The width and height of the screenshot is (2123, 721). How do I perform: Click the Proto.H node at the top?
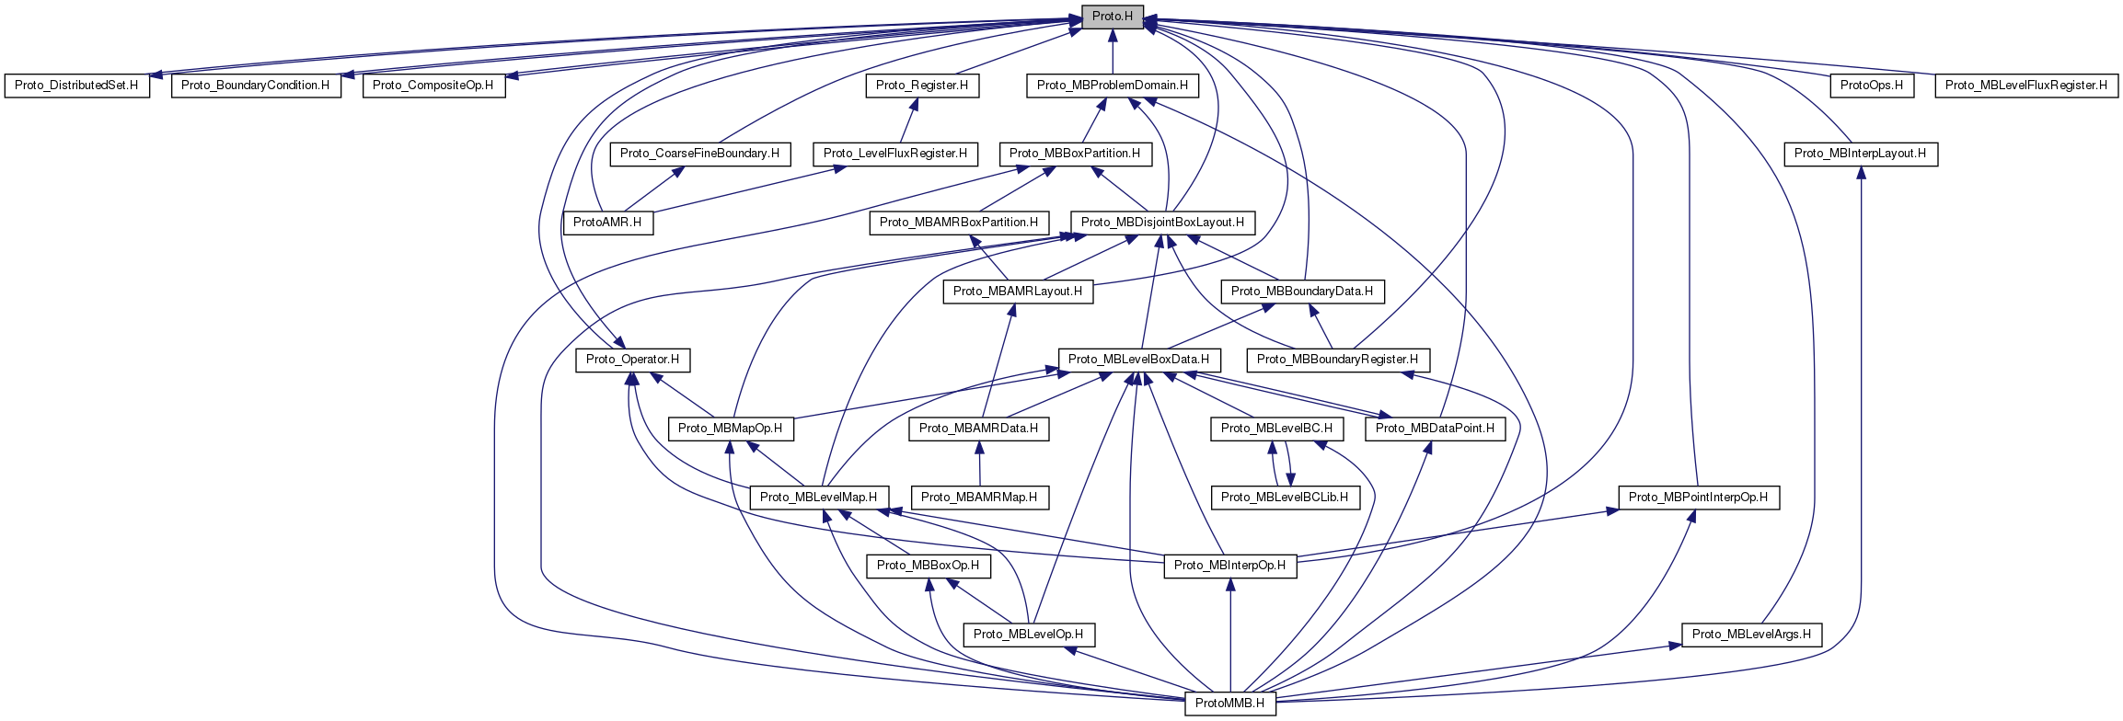pos(1112,17)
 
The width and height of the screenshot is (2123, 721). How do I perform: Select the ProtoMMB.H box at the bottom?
pos(1229,704)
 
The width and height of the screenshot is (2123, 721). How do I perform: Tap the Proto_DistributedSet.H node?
pos(76,86)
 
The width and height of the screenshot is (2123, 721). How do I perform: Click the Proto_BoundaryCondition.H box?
pos(255,86)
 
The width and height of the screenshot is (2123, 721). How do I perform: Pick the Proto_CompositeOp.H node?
pos(433,86)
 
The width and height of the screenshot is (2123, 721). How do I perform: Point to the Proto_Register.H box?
pos(922,86)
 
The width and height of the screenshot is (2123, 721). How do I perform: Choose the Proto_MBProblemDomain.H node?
pos(1112,86)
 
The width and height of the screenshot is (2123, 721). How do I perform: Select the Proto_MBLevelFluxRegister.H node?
pos(2025,86)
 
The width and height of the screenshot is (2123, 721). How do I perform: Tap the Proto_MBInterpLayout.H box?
pos(1860,154)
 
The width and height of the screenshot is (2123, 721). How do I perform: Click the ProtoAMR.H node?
pos(607,223)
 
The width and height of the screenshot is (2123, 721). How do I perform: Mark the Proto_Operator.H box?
pos(633,360)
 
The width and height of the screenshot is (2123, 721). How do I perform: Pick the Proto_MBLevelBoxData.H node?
pos(1138,360)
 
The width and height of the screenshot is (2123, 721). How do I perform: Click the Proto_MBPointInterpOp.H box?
pos(1698,498)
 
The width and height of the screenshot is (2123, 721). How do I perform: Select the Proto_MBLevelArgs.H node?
pos(1751,635)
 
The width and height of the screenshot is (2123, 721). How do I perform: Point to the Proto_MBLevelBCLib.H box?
pos(1284,498)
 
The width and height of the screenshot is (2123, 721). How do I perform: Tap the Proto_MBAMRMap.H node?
pos(979,498)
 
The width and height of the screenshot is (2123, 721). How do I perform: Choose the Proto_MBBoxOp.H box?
pos(928,566)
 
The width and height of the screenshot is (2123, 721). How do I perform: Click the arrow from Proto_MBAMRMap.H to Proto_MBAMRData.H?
pos(979,463)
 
